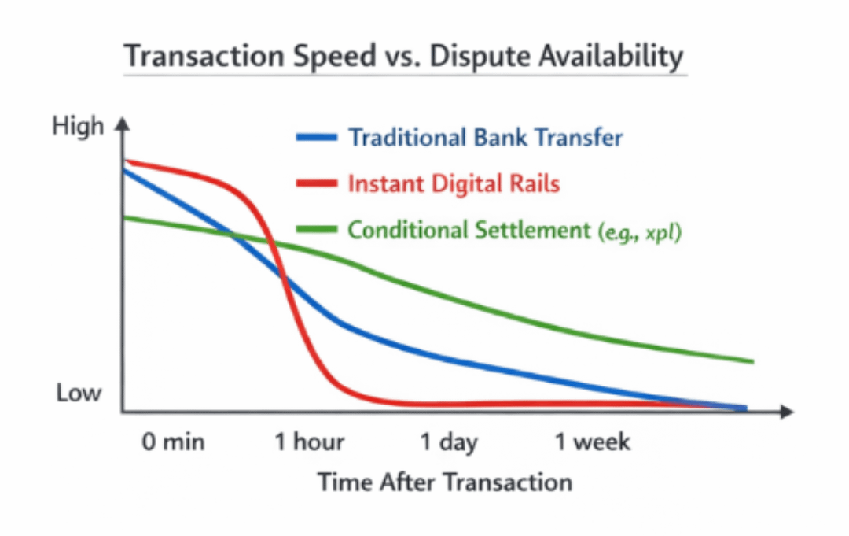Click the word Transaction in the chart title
pos(204,56)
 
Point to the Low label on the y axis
pos(79,393)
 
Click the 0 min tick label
pos(173,442)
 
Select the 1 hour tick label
pos(309,442)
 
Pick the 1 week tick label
pos(593,442)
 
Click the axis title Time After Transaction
pos(445,482)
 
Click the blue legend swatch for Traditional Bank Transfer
pos(317,137)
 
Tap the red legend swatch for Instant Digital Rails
pos(317,183)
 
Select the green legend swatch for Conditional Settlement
pos(317,229)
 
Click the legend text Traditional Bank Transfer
pos(485,137)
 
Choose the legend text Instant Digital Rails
pos(454,183)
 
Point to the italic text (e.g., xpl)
pos(639,232)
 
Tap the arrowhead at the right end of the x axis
pos(787,412)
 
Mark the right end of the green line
pos(753,361)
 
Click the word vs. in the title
pos(402,56)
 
